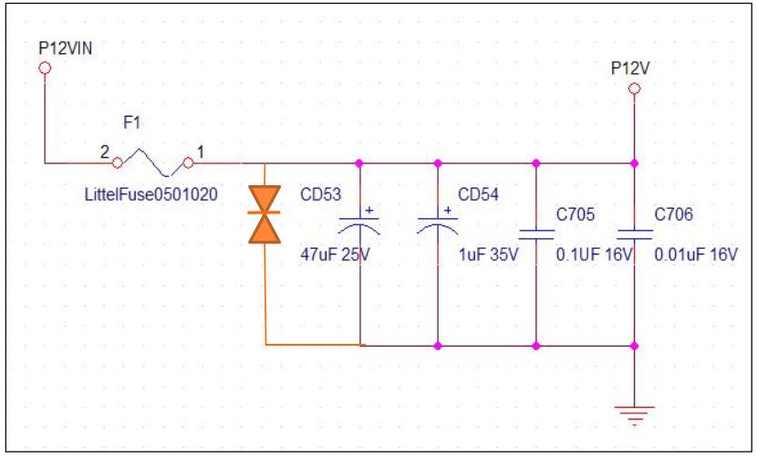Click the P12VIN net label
point(65,48)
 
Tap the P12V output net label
point(630,68)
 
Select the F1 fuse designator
point(132,123)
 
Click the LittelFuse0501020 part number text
point(151,194)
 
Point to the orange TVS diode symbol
point(264,213)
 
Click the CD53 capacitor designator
point(320,194)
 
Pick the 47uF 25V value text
point(335,254)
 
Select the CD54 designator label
point(478,194)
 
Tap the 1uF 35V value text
point(488,254)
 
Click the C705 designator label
point(576,214)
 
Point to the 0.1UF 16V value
point(594,254)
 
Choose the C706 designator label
point(673,214)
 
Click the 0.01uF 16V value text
point(696,254)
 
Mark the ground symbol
point(635,415)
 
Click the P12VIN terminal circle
point(45,68)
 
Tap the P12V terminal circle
point(635,88)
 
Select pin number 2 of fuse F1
point(104,152)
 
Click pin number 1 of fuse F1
point(201,152)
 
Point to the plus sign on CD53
point(369,210)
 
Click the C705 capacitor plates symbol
point(536,234)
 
